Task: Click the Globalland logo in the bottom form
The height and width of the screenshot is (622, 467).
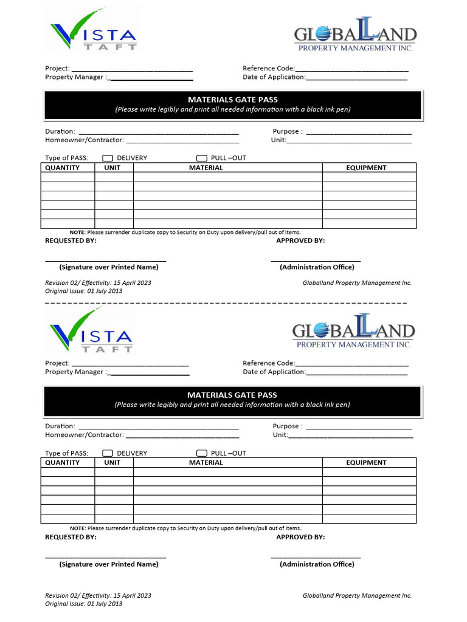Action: (354, 335)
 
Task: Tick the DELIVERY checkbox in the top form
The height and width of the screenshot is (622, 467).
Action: (108, 158)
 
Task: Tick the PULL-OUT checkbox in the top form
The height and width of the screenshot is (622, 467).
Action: (202, 158)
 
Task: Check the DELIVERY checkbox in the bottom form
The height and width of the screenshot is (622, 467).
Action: (108, 453)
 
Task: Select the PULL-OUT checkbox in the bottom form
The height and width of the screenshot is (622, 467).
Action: (202, 453)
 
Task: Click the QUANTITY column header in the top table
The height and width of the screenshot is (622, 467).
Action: (62, 168)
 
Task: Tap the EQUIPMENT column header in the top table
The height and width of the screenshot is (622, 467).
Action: (366, 168)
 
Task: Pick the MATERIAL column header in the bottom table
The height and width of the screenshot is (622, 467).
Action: (206, 463)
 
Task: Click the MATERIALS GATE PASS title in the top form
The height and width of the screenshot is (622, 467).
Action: (232, 100)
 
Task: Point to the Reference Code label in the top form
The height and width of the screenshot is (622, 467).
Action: (268, 69)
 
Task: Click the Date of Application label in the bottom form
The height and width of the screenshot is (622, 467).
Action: (274, 372)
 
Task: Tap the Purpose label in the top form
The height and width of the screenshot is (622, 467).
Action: (286, 131)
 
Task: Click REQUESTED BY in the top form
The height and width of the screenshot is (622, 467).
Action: (71, 241)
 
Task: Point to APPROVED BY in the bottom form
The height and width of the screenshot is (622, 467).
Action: (300, 537)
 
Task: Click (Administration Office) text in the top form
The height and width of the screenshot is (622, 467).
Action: (316, 267)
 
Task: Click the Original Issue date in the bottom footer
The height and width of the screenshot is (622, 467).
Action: (84, 604)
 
